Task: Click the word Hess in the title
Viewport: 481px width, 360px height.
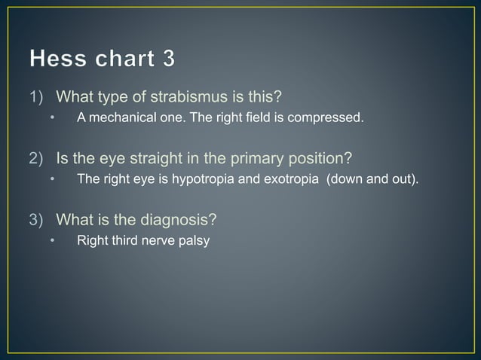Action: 55,58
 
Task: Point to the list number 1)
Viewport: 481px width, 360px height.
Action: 38,97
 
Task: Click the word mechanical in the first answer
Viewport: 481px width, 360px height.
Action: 120,117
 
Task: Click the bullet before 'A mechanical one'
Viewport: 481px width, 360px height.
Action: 53,118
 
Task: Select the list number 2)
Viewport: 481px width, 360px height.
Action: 38,159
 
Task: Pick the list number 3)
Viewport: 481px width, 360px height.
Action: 38,220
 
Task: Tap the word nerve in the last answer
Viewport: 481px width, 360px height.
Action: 157,241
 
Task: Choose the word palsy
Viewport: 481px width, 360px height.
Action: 194,241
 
